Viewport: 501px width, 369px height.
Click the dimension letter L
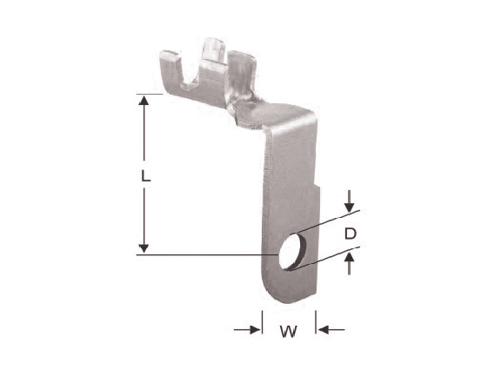146,175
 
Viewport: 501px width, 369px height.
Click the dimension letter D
351,234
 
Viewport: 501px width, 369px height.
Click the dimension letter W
289,332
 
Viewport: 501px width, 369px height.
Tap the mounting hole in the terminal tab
291,252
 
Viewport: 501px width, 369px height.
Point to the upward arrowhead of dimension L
144,101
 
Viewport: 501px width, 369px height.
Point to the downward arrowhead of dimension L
144,248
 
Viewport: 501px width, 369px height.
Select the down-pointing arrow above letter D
350,201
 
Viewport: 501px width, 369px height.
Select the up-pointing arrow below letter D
350,263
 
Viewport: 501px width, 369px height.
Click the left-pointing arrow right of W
331,330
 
